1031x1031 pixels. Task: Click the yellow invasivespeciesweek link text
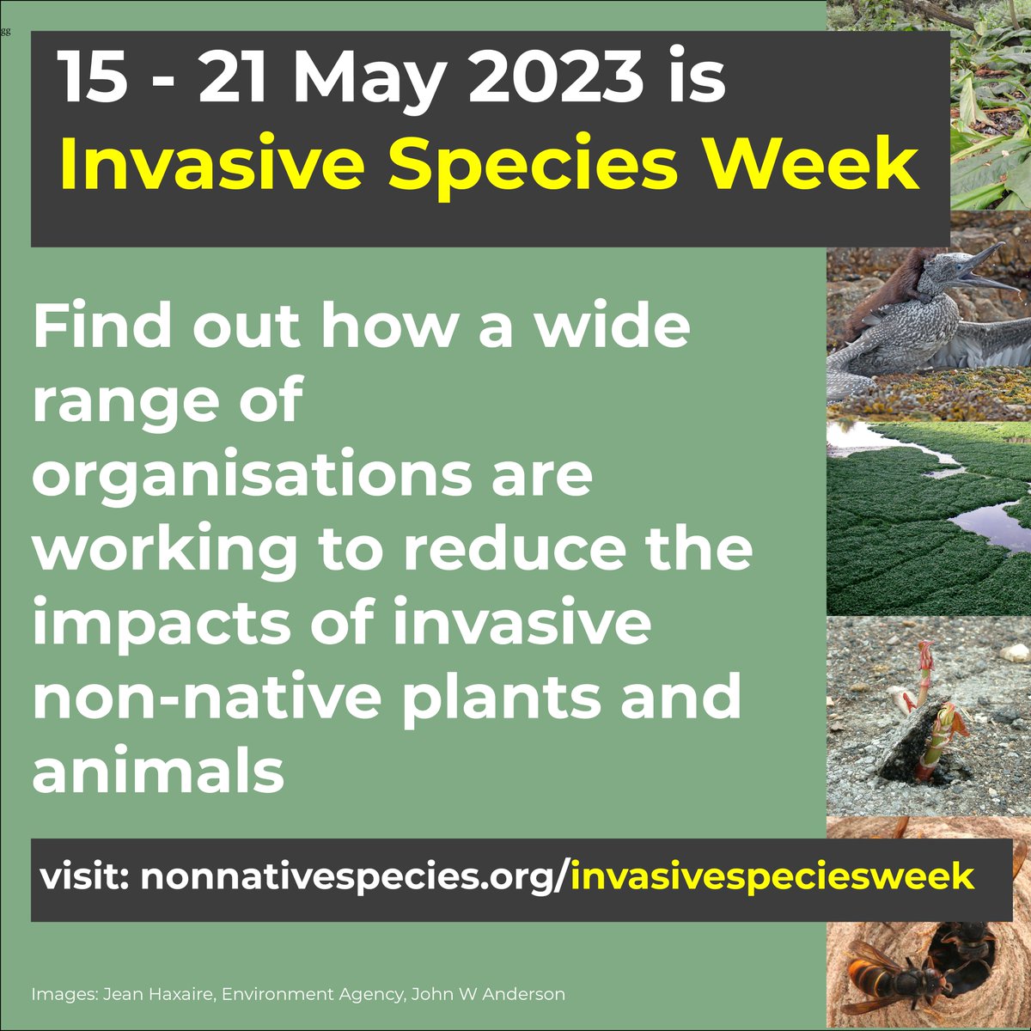(771, 877)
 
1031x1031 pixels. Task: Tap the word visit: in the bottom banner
(85, 877)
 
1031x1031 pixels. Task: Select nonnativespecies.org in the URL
(348, 877)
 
